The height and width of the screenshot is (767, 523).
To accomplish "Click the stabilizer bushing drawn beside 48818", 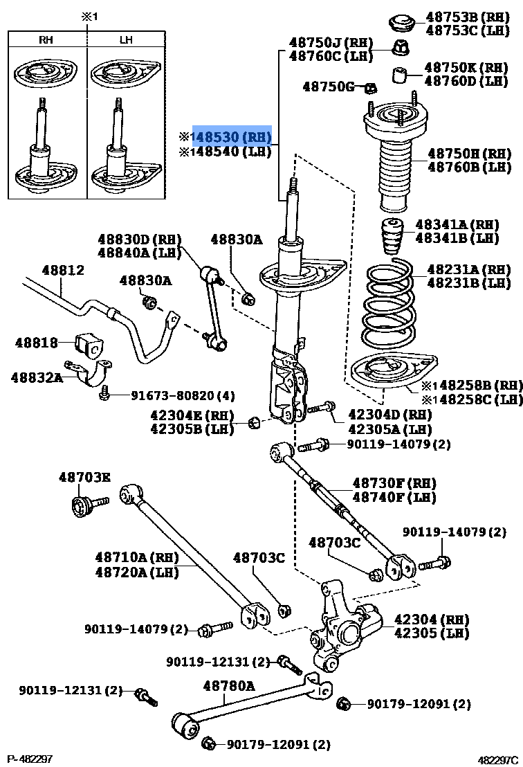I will click(x=87, y=343).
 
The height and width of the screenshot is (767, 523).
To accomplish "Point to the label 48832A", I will click(x=36, y=377).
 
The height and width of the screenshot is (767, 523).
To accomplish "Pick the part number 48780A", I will click(x=229, y=685).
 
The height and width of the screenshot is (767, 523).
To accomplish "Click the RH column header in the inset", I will click(x=46, y=40).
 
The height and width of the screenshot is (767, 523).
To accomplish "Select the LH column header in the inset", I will click(x=126, y=40).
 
